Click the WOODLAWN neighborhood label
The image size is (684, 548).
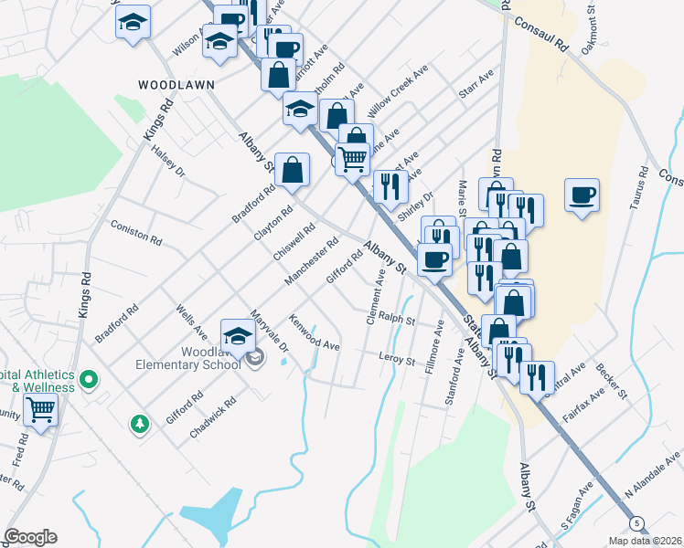point(176,84)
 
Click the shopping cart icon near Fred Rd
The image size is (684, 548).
point(41,410)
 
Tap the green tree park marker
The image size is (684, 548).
point(139,424)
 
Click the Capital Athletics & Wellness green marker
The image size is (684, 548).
point(89,378)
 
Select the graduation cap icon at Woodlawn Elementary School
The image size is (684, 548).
point(238,334)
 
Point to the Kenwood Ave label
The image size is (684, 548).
point(315,334)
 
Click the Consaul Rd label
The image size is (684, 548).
point(541,35)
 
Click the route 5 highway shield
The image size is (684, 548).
point(636,522)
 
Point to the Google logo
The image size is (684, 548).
point(30,537)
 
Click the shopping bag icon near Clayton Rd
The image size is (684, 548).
point(292,170)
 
